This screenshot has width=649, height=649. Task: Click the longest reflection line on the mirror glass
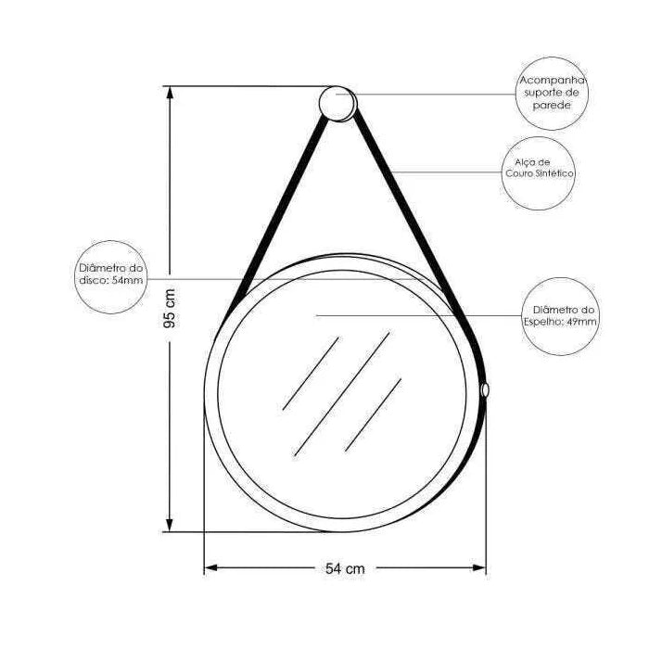pyautogui.click(x=340, y=393)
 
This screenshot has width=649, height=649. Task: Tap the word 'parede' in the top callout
pyautogui.click(x=553, y=107)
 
